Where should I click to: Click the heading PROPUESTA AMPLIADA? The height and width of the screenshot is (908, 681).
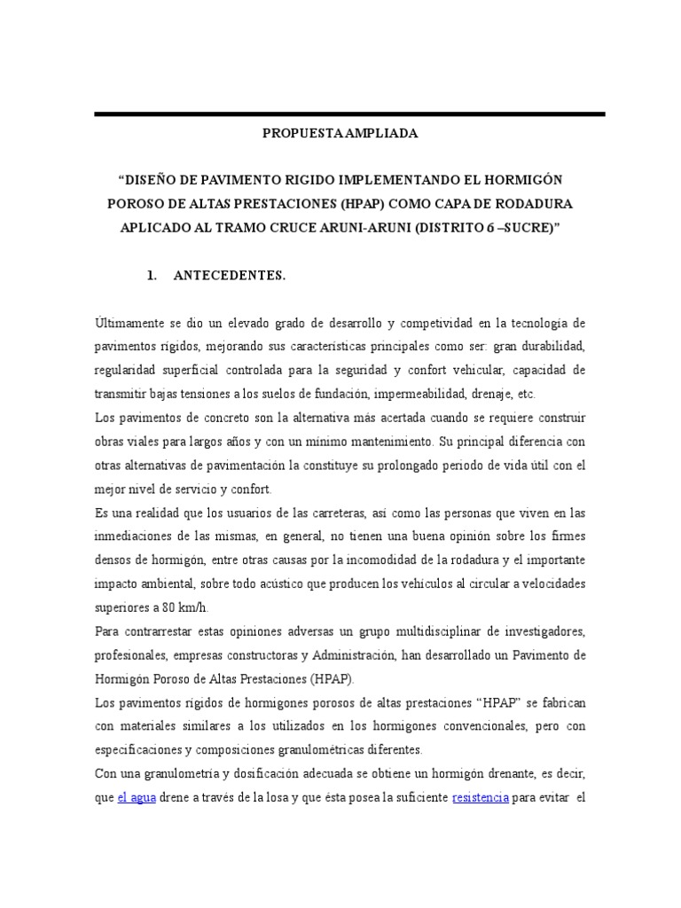[340, 135]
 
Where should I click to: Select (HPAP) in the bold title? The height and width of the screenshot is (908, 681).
[380, 203]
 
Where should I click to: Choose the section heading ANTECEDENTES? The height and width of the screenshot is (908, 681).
[230, 276]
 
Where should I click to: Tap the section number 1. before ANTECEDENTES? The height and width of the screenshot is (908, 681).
[152, 276]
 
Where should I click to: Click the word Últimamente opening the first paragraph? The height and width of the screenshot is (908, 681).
[125, 322]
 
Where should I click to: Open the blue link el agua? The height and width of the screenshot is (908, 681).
[136, 797]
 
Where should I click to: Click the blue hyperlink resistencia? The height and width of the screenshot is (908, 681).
[480, 797]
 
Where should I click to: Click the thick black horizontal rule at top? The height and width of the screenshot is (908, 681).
[349, 114]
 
